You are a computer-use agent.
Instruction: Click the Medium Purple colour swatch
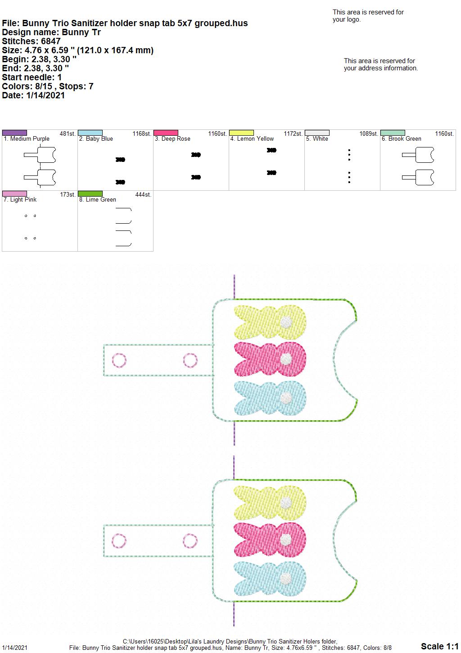(14, 133)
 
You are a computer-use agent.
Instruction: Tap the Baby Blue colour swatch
(90, 133)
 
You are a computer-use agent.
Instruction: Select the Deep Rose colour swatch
(166, 133)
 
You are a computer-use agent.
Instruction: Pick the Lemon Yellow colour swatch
(242, 133)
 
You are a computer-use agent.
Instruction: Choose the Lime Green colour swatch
(90, 193)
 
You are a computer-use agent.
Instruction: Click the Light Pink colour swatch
(14, 193)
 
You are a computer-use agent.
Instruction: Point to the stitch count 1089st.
(368, 133)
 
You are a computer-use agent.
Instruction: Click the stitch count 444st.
(143, 194)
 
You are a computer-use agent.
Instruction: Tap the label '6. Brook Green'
(401, 139)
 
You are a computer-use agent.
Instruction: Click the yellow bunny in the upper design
(270, 322)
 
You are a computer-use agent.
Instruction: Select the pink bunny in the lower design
(270, 540)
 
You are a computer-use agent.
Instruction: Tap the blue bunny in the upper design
(270, 398)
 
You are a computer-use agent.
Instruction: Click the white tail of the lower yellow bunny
(286, 502)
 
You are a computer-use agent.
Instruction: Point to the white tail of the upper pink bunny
(286, 359)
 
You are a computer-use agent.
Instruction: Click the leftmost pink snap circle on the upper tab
(119, 360)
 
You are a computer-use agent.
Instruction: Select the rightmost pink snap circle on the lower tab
(190, 541)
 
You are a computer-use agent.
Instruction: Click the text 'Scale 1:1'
(440, 646)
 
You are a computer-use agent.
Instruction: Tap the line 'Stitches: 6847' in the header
(31, 41)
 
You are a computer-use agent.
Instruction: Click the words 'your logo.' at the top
(347, 19)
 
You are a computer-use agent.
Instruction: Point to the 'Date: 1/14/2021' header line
(33, 95)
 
